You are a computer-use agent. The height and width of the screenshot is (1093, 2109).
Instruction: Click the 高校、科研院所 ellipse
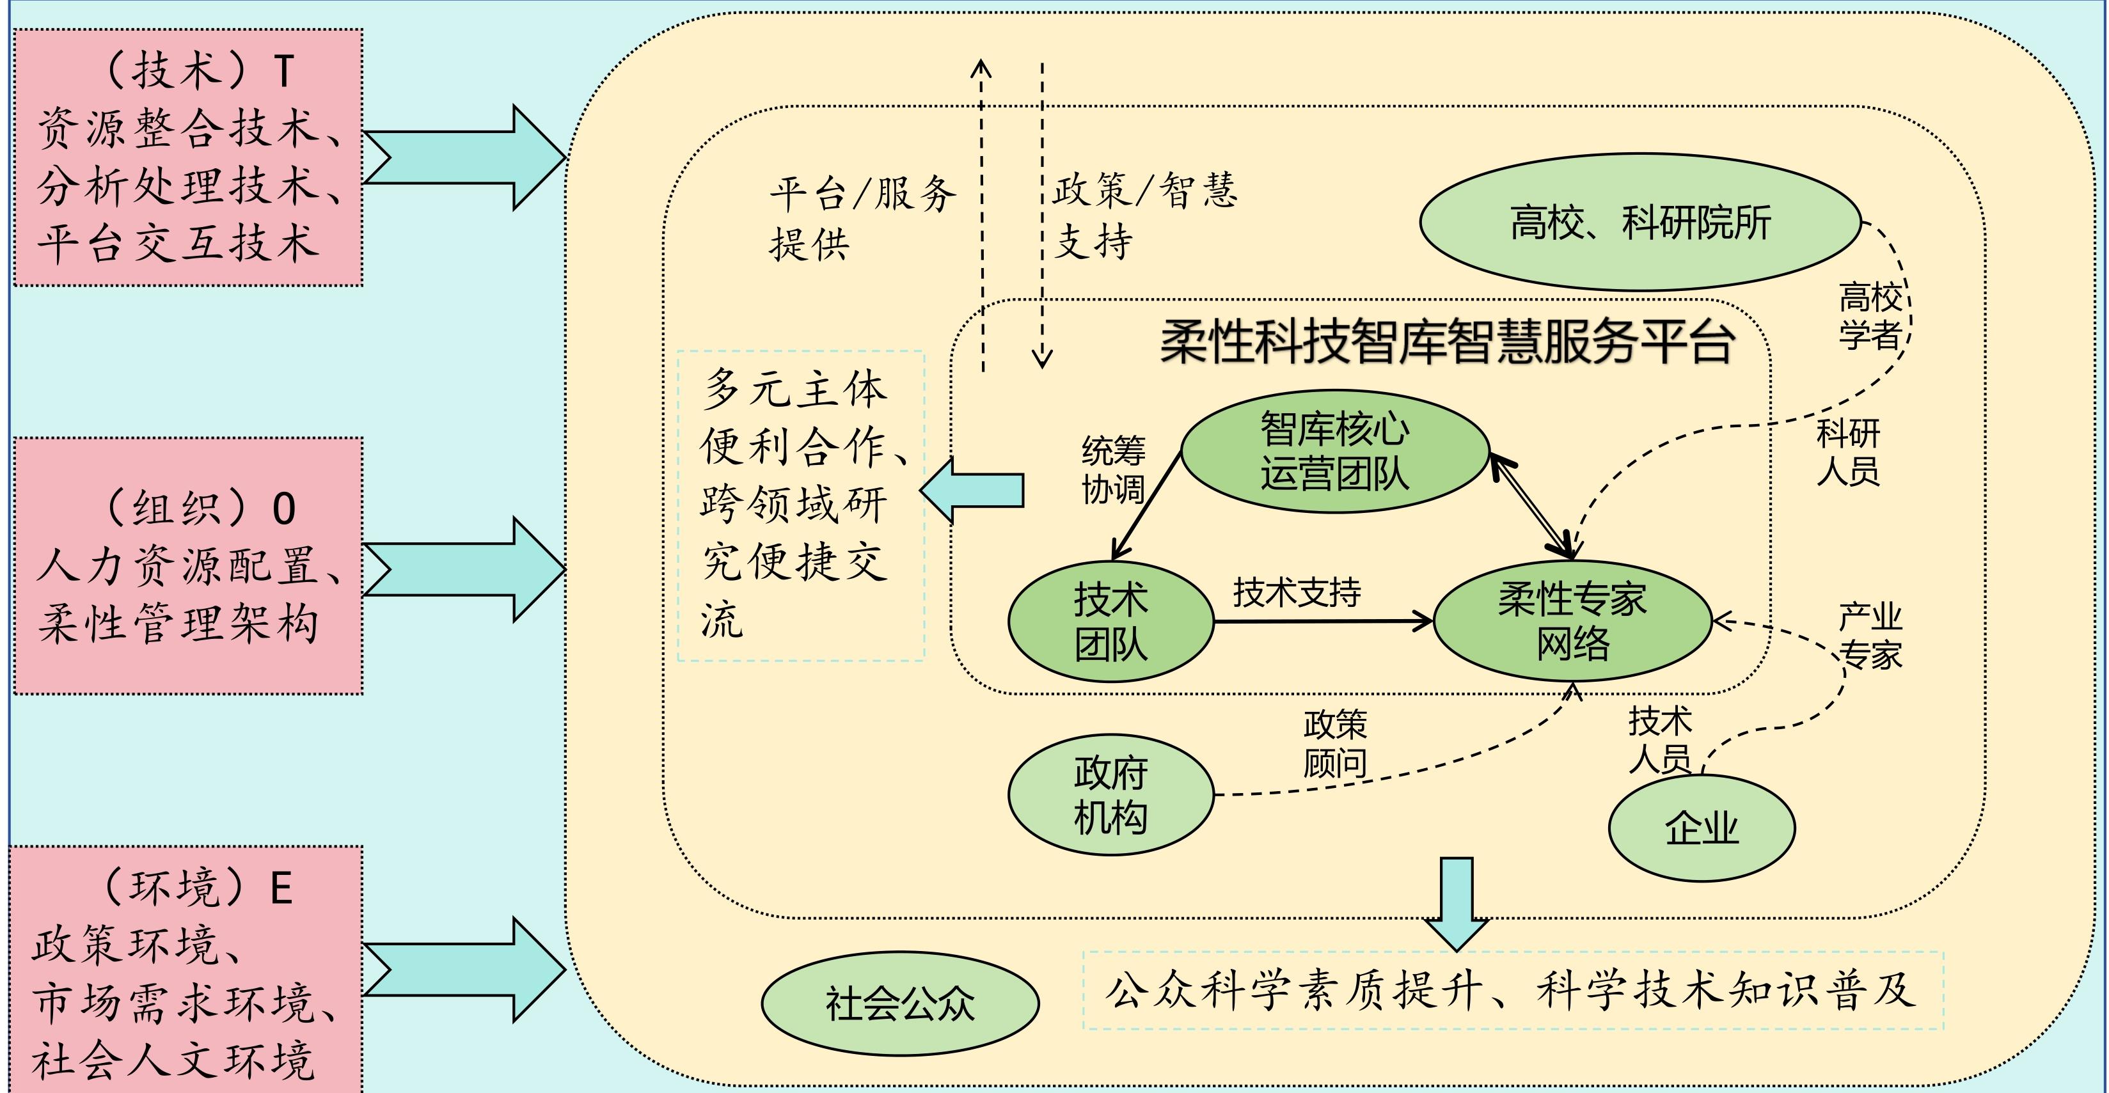pyautogui.click(x=1640, y=222)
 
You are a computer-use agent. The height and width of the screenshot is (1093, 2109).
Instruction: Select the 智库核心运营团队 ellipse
pyautogui.click(x=1334, y=451)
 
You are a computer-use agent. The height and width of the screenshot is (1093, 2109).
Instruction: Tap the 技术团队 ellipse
pyautogui.click(x=1110, y=622)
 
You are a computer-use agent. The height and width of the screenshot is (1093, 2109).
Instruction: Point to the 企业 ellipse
pyautogui.click(x=1702, y=828)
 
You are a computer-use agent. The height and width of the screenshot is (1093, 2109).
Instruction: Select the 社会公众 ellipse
pyautogui.click(x=900, y=1003)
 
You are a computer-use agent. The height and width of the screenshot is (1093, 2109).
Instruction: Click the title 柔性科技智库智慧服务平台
pyautogui.click(x=1447, y=341)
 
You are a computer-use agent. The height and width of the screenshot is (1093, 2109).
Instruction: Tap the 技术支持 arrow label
pyautogui.click(x=1297, y=592)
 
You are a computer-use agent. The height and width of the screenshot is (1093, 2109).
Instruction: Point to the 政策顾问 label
pyautogui.click(x=1334, y=743)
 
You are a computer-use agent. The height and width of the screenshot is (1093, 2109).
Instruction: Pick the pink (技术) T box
pyautogui.click(x=187, y=157)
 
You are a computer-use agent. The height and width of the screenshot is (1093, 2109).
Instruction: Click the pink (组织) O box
pyautogui.click(x=187, y=566)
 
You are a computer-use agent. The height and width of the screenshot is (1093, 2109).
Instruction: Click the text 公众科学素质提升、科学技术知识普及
pyautogui.click(x=1512, y=991)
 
